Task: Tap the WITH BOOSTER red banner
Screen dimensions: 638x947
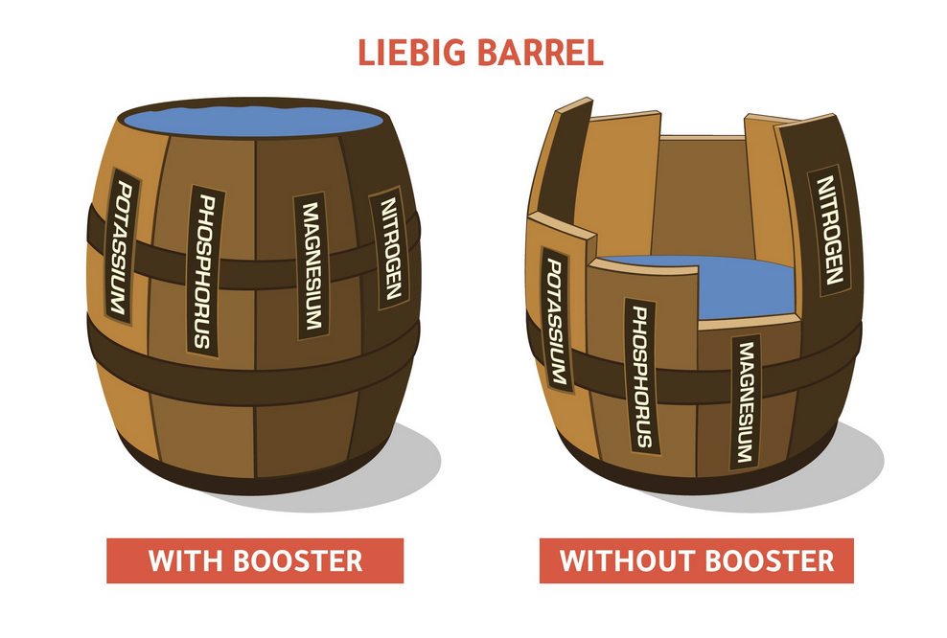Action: (x=255, y=559)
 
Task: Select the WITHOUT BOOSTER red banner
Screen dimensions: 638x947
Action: (x=696, y=559)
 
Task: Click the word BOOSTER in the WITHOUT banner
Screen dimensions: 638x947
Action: (x=771, y=559)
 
